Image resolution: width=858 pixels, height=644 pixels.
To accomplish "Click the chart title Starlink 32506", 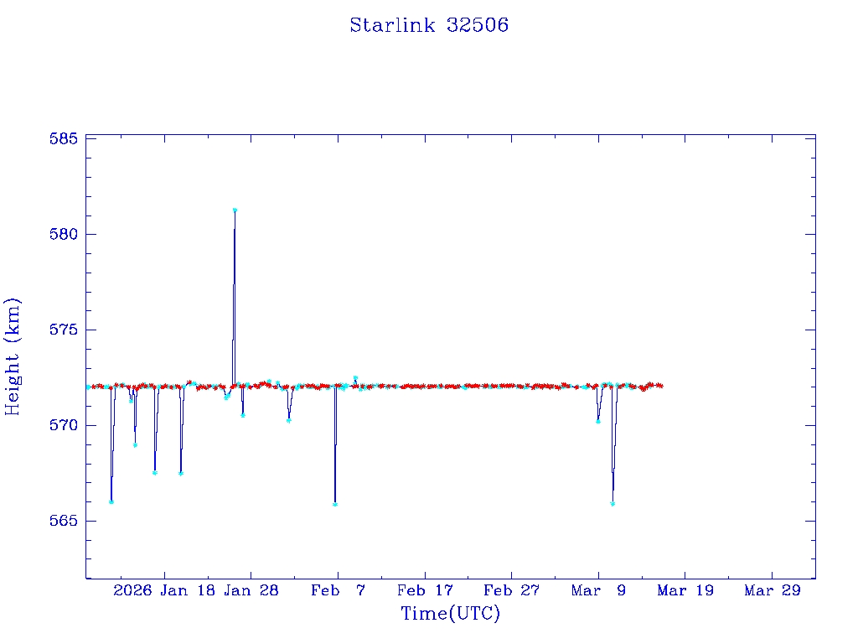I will (x=429, y=25).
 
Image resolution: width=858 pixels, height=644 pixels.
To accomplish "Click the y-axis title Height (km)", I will (x=13, y=356).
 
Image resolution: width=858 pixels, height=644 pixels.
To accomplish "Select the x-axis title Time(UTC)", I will (x=450, y=614).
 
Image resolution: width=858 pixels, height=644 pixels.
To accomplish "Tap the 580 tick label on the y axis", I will (x=64, y=234).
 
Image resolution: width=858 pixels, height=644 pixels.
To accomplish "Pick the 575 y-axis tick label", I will (x=64, y=330).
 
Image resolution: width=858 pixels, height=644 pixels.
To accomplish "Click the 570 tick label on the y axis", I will (x=64, y=425).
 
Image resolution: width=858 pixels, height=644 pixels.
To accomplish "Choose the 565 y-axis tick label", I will (x=64, y=521).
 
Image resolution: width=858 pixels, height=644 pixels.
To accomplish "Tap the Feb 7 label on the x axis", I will (x=338, y=590).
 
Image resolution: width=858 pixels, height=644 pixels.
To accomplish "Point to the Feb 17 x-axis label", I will (x=425, y=590).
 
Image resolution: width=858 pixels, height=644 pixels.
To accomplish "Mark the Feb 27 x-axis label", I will (x=511, y=590).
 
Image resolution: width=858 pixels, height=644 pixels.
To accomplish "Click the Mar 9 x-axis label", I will (x=598, y=590).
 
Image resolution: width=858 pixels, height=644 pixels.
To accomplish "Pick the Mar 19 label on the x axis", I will (x=685, y=590).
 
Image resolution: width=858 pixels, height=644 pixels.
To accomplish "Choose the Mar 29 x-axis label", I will (x=773, y=590).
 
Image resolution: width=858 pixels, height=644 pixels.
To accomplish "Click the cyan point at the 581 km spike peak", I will (x=235, y=210).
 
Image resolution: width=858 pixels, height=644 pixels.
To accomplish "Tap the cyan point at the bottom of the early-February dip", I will (x=335, y=504).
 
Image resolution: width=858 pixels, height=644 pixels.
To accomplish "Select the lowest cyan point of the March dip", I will (x=612, y=504).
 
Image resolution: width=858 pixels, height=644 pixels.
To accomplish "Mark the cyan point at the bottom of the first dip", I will (x=111, y=501).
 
